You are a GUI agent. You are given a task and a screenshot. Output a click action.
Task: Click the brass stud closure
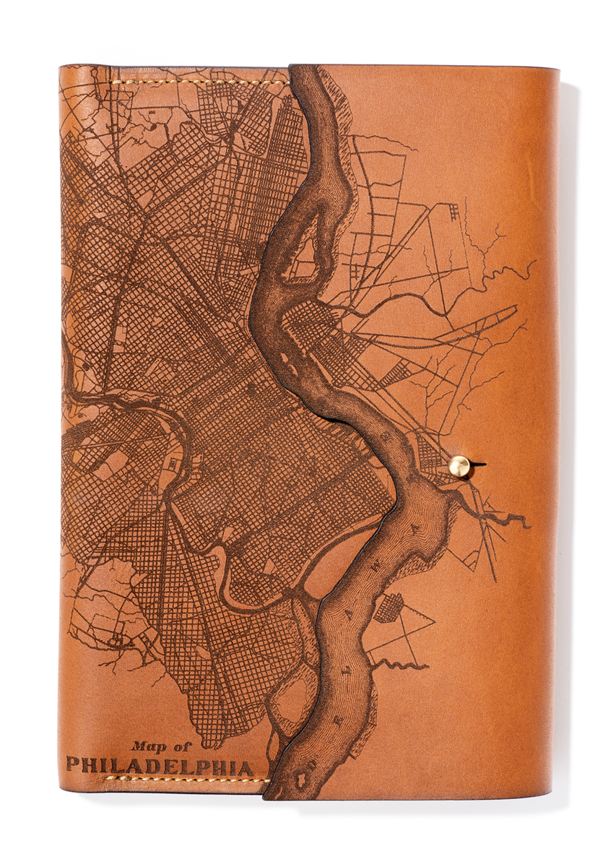pyautogui.click(x=460, y=466)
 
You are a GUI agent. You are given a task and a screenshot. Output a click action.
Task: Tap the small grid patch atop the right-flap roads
pyautogui.click(x=454, y=212)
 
